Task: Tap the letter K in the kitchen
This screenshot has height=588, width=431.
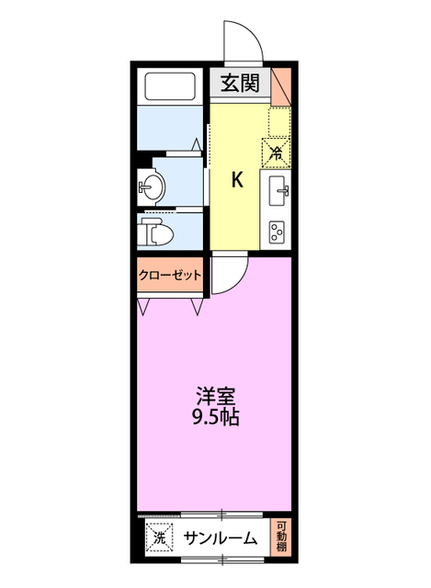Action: [x=237, y=179]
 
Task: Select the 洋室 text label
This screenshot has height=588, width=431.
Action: [x=217, y=398]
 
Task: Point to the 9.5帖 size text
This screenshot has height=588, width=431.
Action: [x=217, y=418]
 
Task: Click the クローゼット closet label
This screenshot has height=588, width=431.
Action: [x=170, y=275]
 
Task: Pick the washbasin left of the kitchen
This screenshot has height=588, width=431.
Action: [x=150, y=189]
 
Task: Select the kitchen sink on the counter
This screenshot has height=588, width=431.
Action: [x=278, y=193]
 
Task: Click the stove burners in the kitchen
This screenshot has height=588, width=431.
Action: [x=278, y=232]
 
